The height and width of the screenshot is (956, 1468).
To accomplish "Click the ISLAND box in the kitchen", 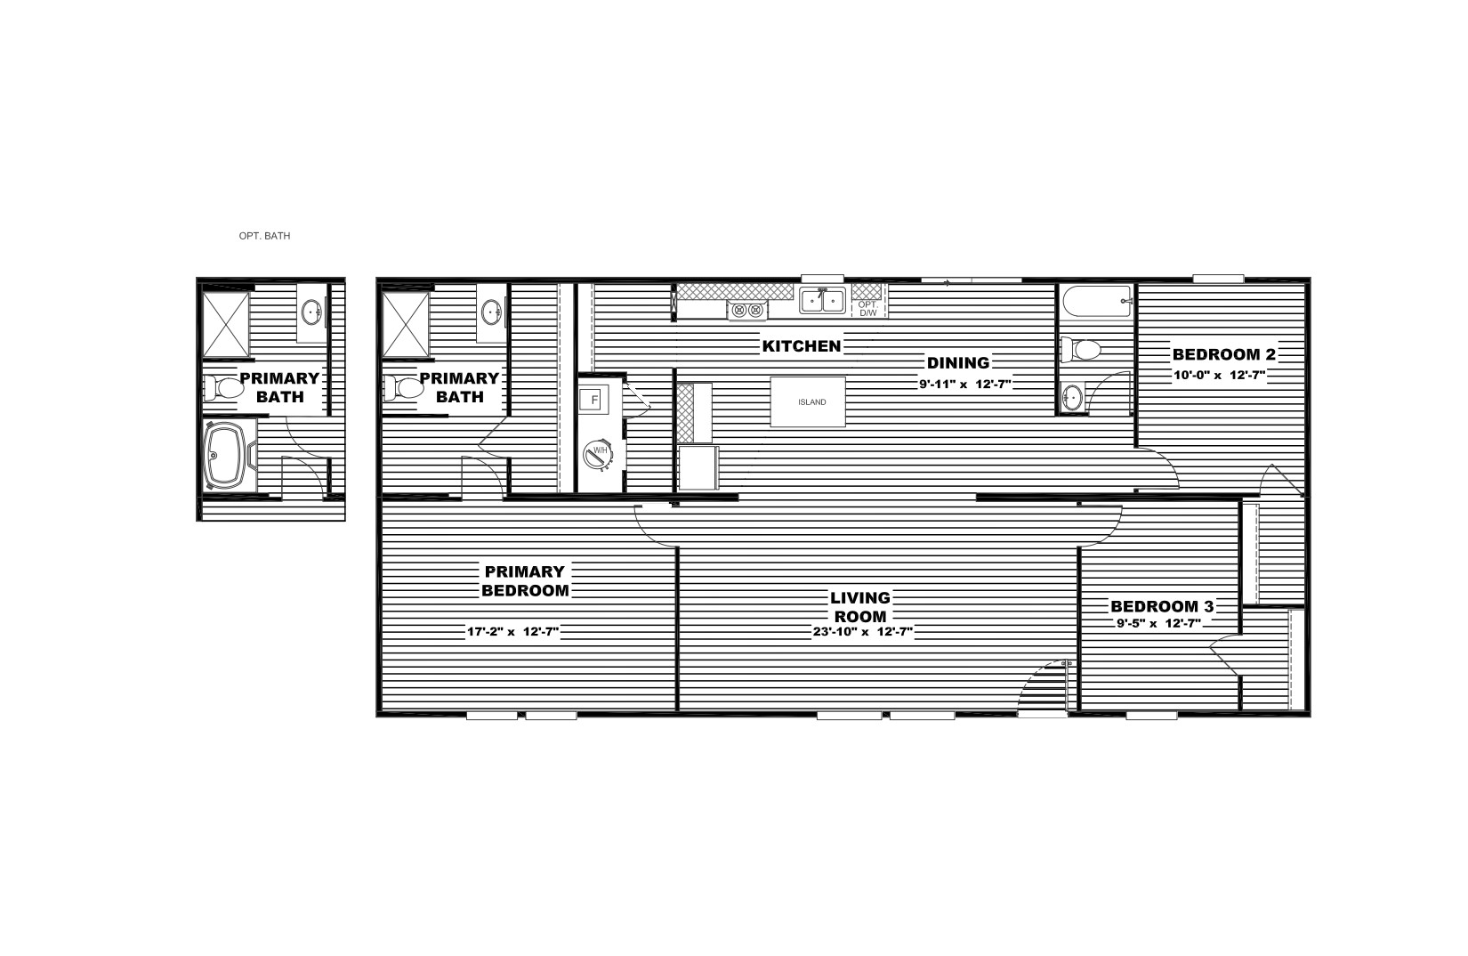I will tap(808, 402).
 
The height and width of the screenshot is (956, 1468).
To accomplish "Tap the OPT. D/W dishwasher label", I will tap(867, 308).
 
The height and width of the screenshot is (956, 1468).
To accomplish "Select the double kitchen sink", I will tap(822, 301).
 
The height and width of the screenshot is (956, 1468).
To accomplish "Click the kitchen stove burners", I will tap(747, 311).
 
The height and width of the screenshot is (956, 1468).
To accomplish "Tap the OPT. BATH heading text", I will tap(264, 237).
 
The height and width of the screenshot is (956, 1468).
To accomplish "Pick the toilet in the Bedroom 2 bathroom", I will tap(1085, 350).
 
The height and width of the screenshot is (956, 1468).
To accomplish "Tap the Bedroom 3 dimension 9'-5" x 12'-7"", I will tap(1161, 623).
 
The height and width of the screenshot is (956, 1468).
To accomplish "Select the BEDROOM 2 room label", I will tap(1223, 354).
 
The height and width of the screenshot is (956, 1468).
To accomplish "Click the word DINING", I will tap(957, 362).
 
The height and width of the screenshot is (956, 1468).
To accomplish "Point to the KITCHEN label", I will tap(801, 345).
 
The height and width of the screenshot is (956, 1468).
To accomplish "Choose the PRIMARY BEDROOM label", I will tap(524, 580).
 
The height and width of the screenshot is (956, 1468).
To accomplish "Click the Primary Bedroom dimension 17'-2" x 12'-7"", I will tap(513, 633).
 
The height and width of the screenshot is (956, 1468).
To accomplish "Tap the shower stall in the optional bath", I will tap(226, 324).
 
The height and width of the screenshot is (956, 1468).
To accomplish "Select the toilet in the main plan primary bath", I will tap(405, 387).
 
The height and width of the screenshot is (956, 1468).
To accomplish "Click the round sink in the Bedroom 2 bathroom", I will tap(1073, 397).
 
